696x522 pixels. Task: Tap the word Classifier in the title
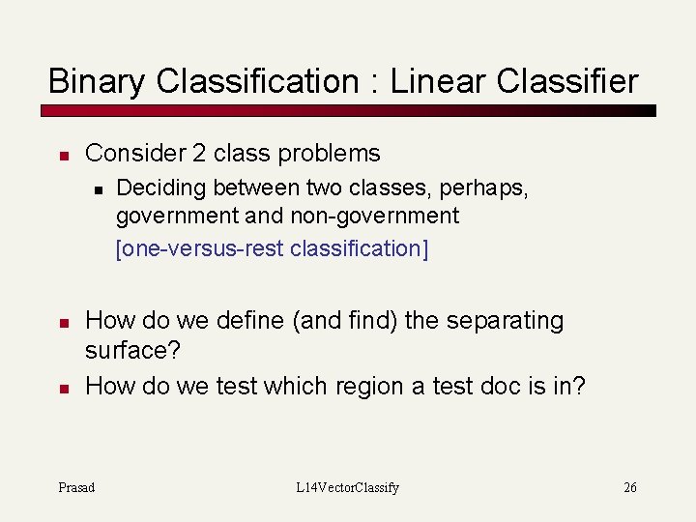567,81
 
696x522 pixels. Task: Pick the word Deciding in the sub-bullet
160,187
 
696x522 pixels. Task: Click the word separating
503,321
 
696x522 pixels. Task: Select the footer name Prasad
76,487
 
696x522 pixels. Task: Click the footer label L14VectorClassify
348,487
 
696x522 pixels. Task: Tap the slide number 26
629,487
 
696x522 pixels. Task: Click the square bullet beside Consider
61,155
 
